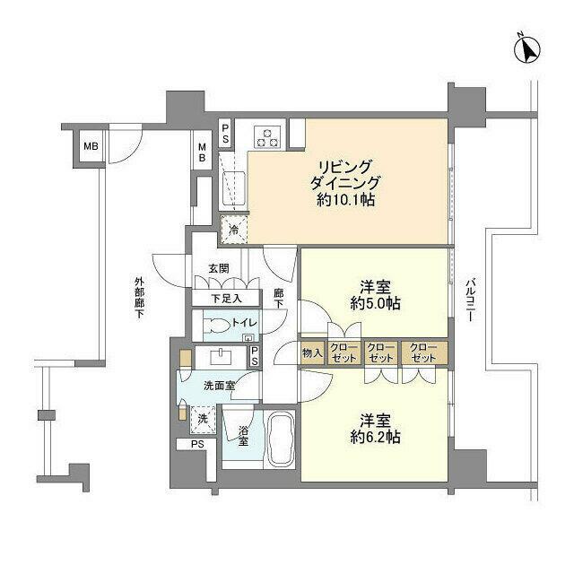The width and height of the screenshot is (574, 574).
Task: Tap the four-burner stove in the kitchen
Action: (268, 136)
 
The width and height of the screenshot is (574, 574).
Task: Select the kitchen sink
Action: (234, 187)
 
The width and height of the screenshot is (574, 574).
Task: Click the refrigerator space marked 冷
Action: (233, 230)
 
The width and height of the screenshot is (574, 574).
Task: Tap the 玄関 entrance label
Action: (220, 268)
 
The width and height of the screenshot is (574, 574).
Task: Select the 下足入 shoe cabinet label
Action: (225, 299)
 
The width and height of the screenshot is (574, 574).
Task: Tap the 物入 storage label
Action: (312, 353)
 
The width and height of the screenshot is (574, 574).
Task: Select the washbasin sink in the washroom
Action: (219, 356)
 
